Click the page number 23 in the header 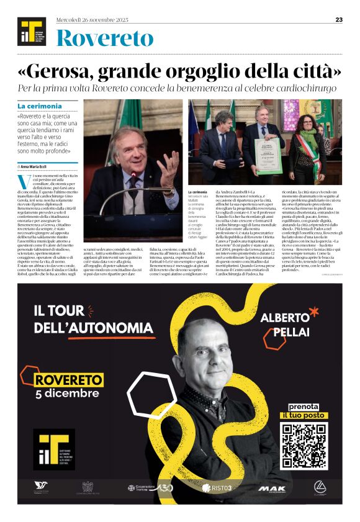(x=340, y=19)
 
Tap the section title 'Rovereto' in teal (x=104, y=38)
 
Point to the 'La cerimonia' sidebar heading (x=40, y=106)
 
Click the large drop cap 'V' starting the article (x=24, y=182)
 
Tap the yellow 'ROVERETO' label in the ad (x=68, y=379)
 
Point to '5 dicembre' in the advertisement (x=67, y=394)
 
